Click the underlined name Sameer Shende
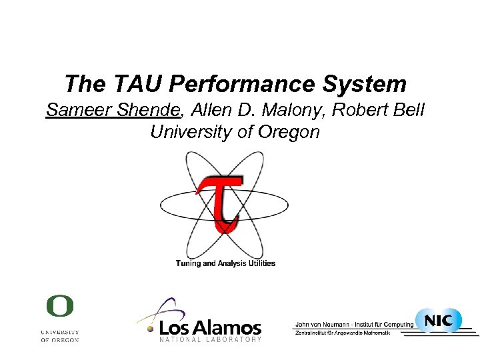pyautogui.click(x=111, y=110)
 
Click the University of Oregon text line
pyautogui.click(x=235, y=132)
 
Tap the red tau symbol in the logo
pyautogui.click(x=219, y=201)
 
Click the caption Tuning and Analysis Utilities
pyautogui.click(x=225, y=263)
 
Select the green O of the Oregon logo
pyautogui.click(x=59, y=307)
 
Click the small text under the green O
pyautogui.click(x=59, y=335)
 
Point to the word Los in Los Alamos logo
pyautogui.click(x=178, y=328)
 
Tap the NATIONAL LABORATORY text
pyautogui.click(x=210, y=340)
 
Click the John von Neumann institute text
pyautogui.click(x=353, y=325)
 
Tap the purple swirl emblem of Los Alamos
pyautogui.click(x=163, y=312)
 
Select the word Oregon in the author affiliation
pyautogui.click(x=288, y=132)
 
